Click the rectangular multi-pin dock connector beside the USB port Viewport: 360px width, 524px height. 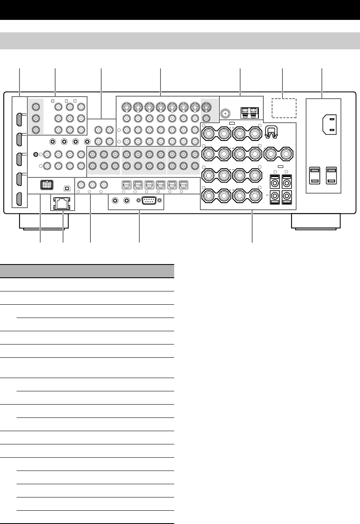coord(46,185)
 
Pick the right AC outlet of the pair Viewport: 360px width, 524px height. coord(332,175)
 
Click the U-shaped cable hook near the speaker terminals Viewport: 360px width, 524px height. coord(270,131)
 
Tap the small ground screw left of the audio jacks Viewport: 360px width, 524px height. coord(36,155)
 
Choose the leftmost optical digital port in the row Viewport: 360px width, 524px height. coord(125,184)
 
